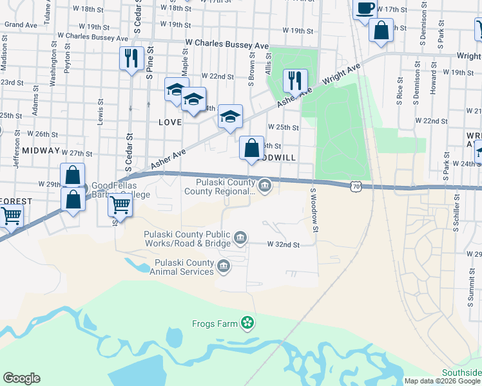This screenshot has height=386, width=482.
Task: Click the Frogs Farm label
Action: coord(215,324)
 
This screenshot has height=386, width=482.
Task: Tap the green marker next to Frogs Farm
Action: coord(247,322)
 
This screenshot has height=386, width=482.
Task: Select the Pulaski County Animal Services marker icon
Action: coord(223,266)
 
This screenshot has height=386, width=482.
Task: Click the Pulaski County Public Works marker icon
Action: coord(240,239)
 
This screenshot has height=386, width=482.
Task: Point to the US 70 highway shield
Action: coord(356,186)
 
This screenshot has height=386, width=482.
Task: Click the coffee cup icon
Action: coord(365,9)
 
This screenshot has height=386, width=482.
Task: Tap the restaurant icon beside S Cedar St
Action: coord(131,59)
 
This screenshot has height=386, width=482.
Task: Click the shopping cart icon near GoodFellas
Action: coord(120,206)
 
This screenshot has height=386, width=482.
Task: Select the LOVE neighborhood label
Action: coord(169,121)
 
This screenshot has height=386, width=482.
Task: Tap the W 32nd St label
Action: coord(284,244)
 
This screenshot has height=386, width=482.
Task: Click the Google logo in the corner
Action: coord(21,378)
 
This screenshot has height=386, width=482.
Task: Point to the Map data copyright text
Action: coord(443,381)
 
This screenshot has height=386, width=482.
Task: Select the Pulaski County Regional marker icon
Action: coord(265,186)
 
